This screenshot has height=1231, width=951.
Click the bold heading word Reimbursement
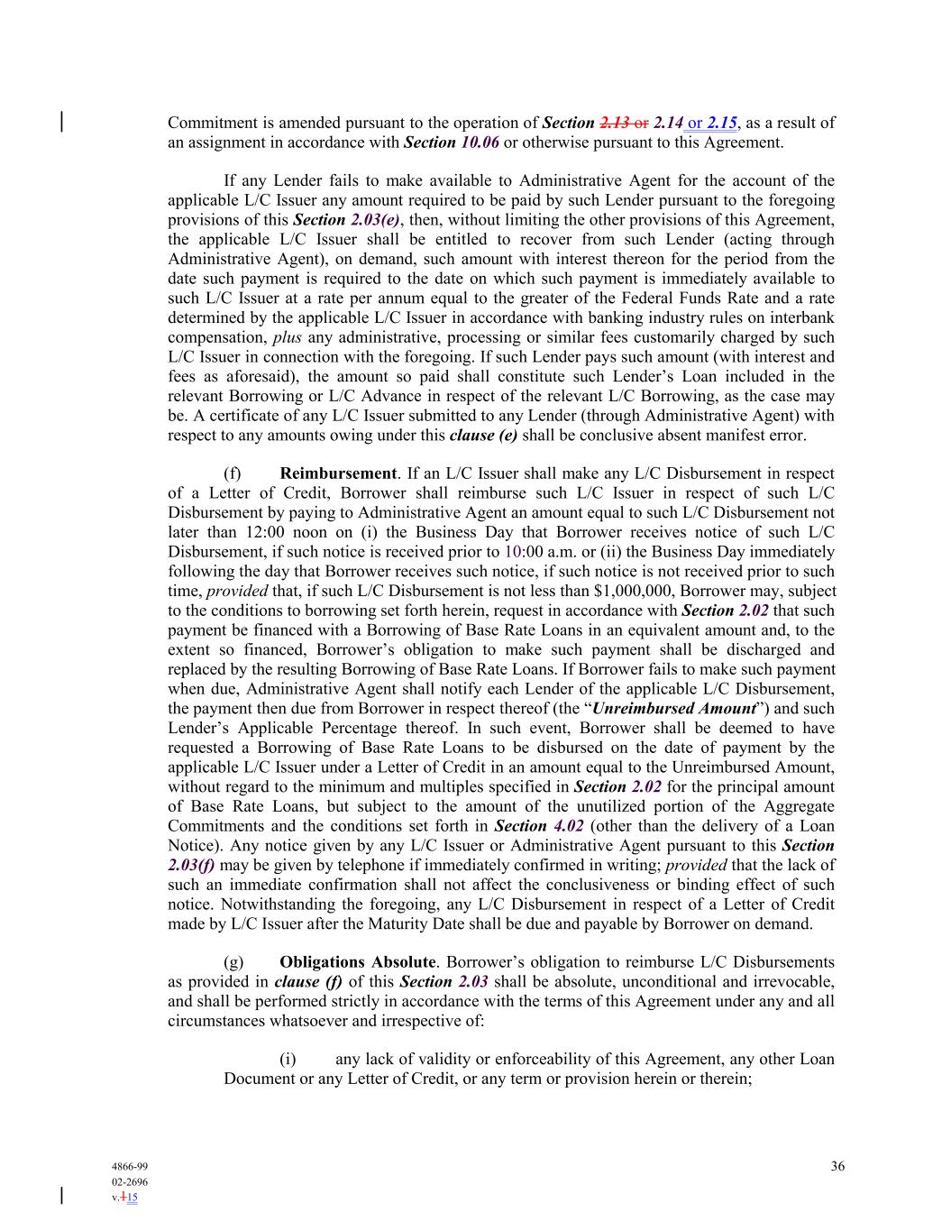(338, 473)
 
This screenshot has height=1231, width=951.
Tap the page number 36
(837, 1166)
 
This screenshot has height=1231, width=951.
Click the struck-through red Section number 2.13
(614, 123)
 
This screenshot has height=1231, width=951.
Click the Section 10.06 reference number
(480, 142)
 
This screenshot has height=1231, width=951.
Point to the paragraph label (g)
(233, 962)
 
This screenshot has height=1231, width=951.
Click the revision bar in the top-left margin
(61, 122)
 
